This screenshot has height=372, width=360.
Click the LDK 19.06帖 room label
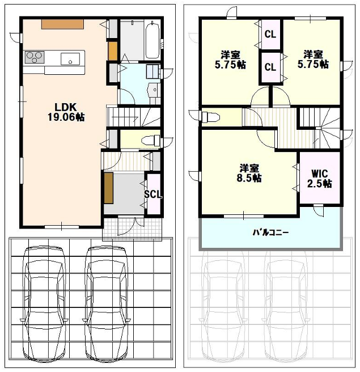[66, 112]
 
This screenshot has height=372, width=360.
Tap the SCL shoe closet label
[153, 195]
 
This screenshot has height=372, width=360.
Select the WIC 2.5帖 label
[319, 179]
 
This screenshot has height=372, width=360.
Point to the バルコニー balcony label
[270, 232]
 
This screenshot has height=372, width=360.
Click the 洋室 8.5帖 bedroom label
[249, 173]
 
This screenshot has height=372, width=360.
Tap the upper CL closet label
[270, 35]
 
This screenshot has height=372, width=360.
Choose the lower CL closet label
[270, 67]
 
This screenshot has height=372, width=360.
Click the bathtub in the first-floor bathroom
[153, 40]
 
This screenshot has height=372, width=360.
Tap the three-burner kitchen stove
[35, 57]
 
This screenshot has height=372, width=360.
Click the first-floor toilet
[151, 141]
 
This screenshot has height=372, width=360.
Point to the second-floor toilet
[210, 117]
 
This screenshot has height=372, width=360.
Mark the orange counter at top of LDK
[62, 24]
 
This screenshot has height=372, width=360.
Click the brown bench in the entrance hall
[109, 188]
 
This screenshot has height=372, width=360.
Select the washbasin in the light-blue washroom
[153, 90]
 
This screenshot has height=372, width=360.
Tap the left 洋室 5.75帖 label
[230, 60]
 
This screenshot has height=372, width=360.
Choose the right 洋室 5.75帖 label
[313, 60]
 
